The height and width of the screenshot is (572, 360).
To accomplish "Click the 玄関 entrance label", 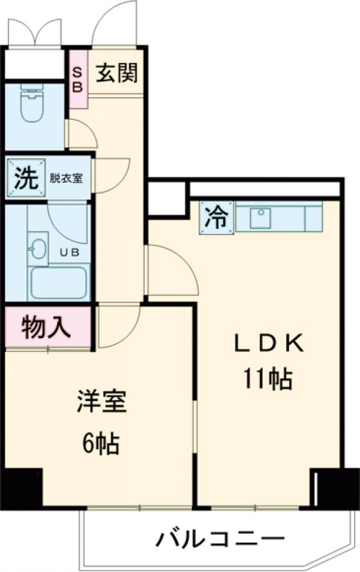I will (x=117, y=73).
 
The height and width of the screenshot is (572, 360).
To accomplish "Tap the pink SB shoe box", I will (x=78, y=79).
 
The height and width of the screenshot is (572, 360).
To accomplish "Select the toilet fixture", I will (x=33, y=104).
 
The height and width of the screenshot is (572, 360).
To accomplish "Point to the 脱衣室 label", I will (x=67, y=178).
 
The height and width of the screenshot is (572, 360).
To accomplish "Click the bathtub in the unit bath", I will (x=58, y=282).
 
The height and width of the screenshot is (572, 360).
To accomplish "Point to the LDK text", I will (x=269, y=345).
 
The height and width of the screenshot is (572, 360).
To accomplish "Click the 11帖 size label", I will (x=268, y=378).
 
